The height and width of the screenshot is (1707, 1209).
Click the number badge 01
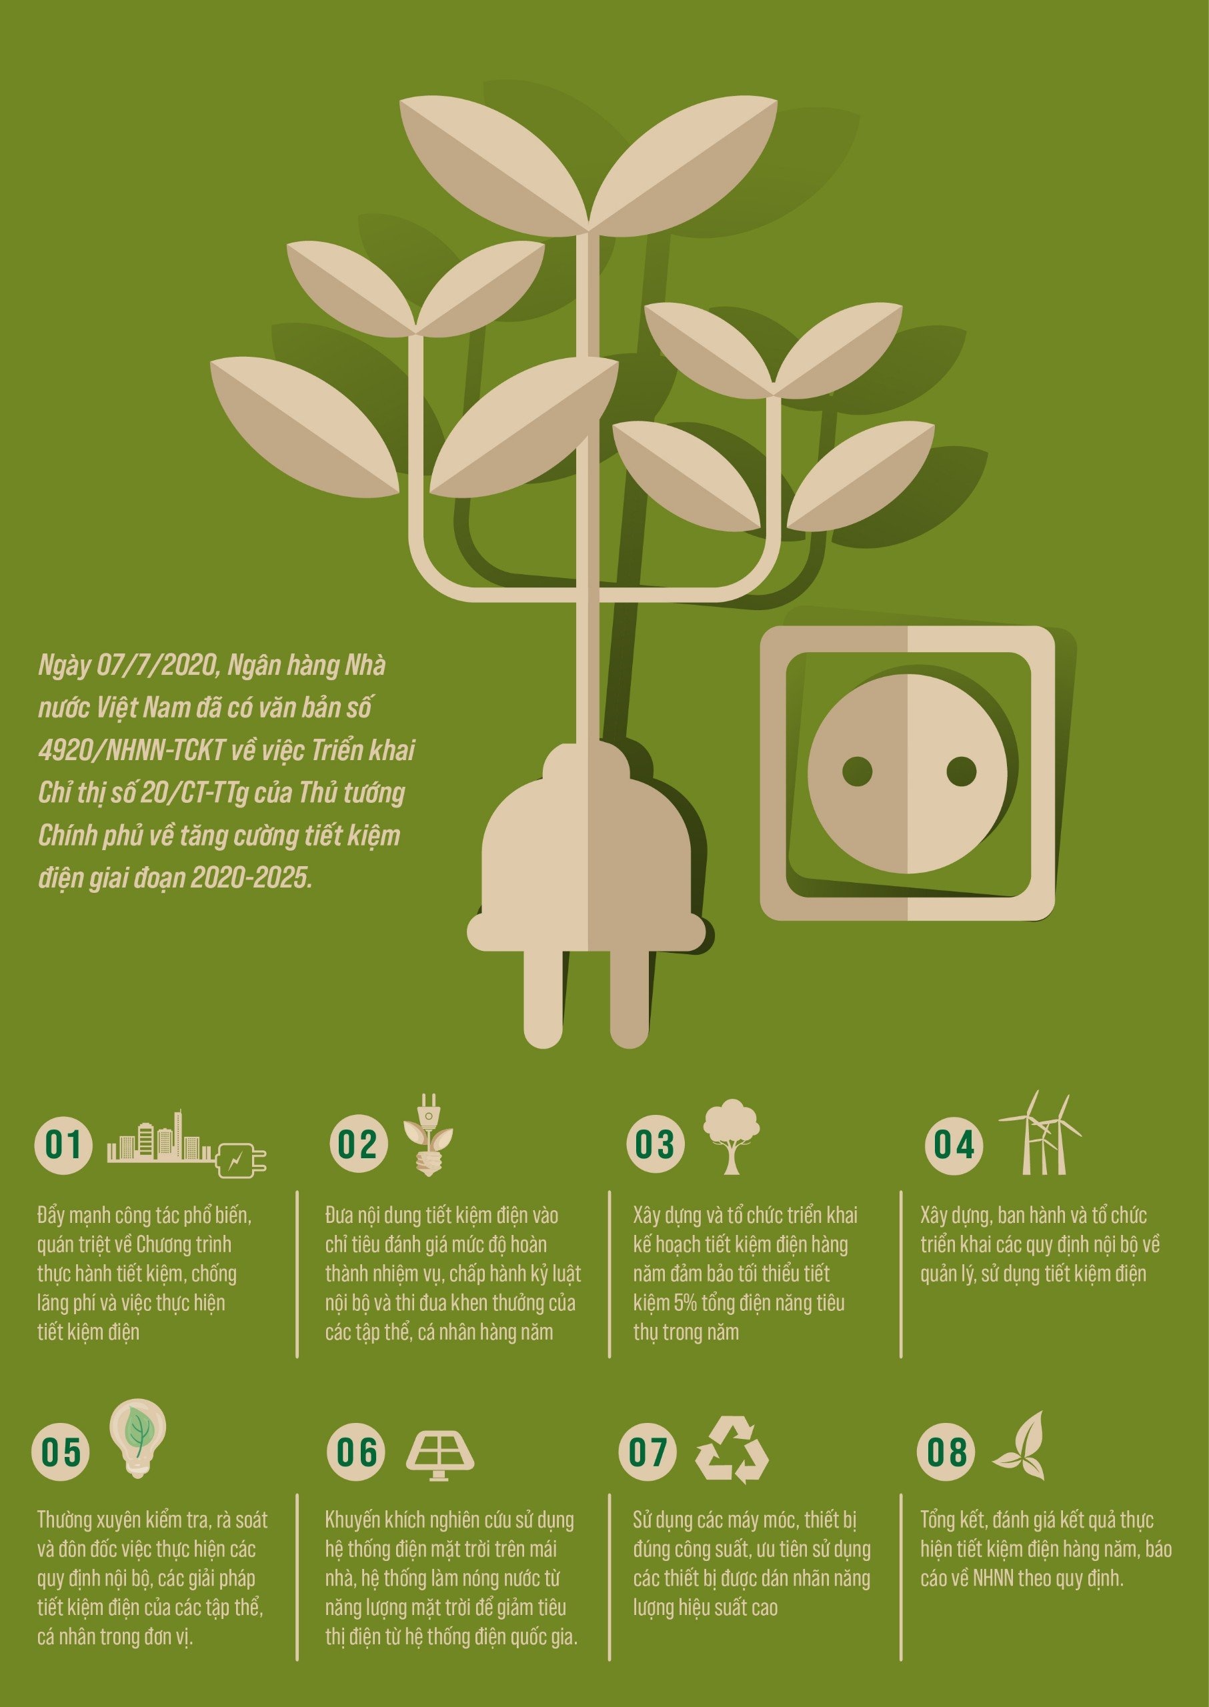tap(63, 1144)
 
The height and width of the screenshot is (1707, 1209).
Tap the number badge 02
tap(359, 1144)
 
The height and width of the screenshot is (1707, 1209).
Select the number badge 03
tap(654, 1144)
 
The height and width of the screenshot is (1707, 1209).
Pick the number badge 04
tap(954, 1144)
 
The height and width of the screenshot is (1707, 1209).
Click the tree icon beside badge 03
tap(732, 1136)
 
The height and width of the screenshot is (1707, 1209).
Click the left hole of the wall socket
tap(856, 771)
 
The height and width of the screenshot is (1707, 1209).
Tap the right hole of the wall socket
tap(961, 771)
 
